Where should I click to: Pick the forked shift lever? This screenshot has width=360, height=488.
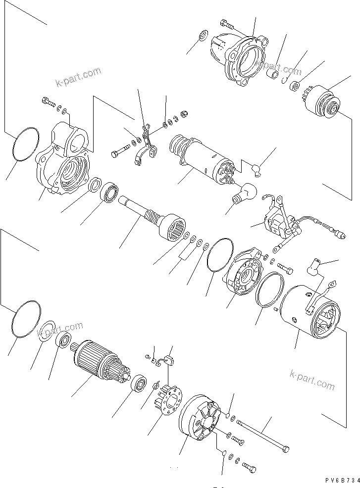pyautogui.click(x=147, y=148)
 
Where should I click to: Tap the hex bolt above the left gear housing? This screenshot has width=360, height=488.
pyautogui.click(x=47, y=102)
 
